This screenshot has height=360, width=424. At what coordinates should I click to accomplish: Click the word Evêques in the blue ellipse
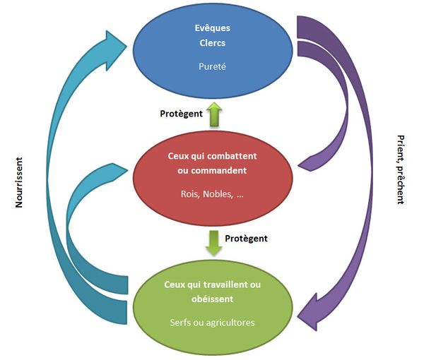pos(213,28)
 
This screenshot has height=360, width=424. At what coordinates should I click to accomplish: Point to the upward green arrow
pos(214,112)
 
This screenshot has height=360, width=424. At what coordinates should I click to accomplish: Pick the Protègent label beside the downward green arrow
pos(246,239)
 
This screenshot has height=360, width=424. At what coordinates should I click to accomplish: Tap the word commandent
pos(220,170)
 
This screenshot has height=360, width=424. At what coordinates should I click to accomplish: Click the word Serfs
pos(183,323)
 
